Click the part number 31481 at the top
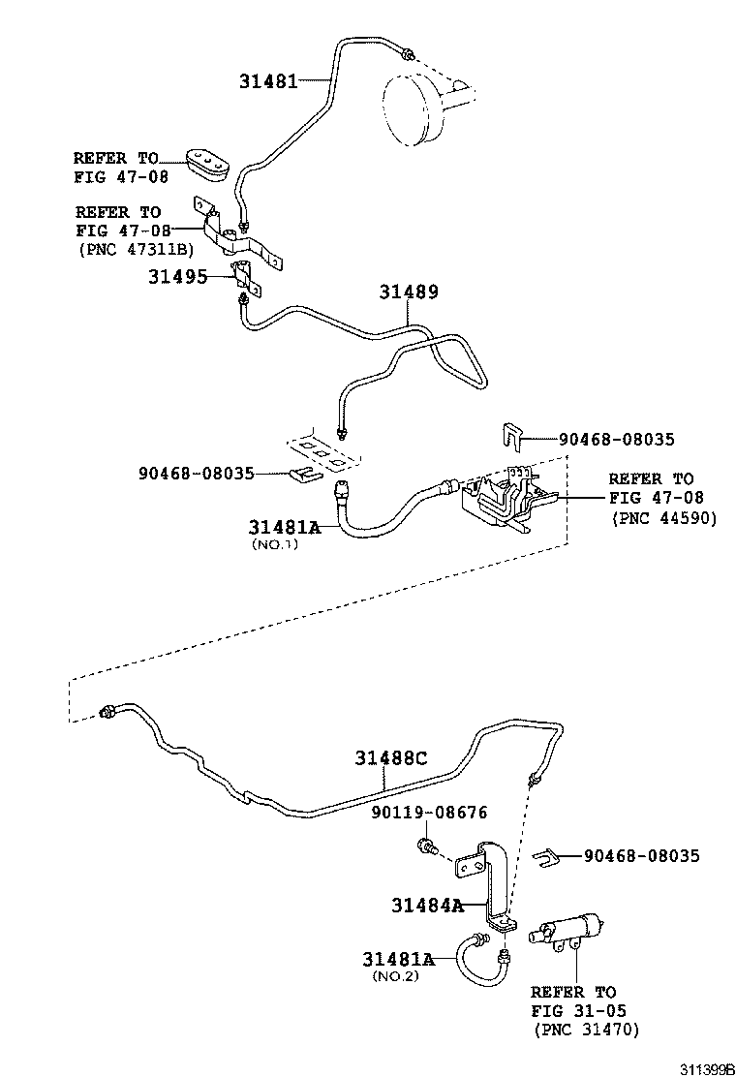(x=268, y=81)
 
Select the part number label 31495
(x=177, y=276)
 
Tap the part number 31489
(x=408, y=292)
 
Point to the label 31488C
(x=389, y=758)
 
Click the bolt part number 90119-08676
(x=429, y=813)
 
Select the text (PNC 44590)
(x=663, y=518)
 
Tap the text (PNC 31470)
(x=585, y=1030)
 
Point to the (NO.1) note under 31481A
(x=275, y=544)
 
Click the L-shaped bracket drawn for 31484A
(x=494, y=881)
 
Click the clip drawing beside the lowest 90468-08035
(x=548, y=856)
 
